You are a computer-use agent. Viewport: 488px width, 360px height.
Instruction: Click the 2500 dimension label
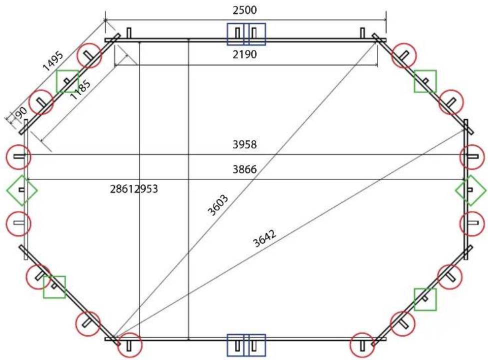[244, 10]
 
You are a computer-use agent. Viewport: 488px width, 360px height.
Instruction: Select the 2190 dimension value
[244, 54]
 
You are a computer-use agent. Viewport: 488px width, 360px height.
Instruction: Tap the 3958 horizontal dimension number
[244, 144]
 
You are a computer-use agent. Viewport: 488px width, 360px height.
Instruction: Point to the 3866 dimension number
[244, 169]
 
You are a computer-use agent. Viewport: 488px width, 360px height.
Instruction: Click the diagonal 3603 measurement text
[218, 205]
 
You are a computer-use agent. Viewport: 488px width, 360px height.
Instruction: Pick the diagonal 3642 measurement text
[264, 238]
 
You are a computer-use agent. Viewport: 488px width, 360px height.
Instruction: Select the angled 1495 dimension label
[53, 60]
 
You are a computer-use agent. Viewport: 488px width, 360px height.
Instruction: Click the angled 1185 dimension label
[80, 89]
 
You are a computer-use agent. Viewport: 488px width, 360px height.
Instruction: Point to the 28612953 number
[134, 189]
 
